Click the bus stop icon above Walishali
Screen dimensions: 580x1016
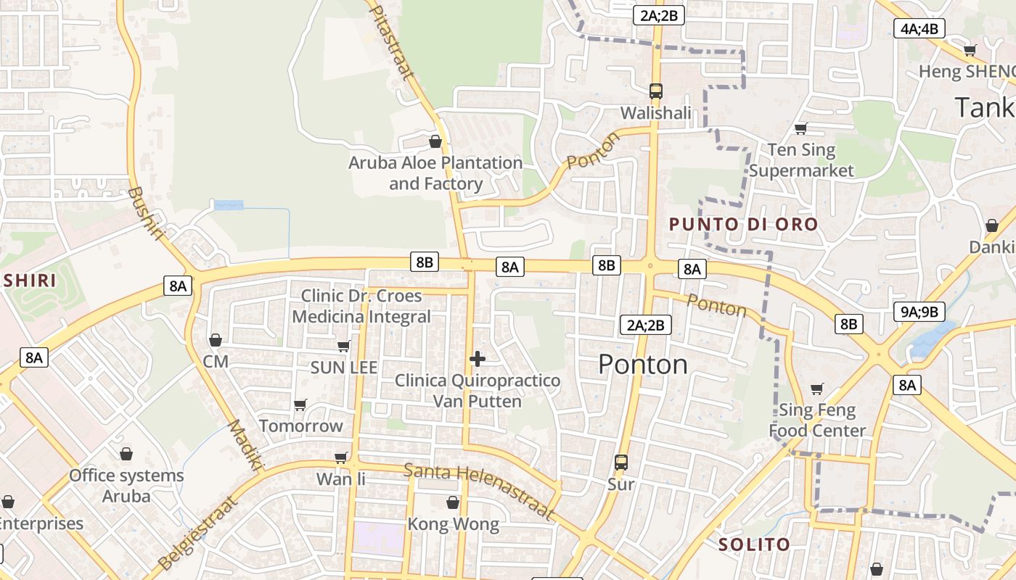click(656, 91)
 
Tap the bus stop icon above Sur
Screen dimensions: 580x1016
click(621, 462)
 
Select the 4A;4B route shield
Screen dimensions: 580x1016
click(919, 29)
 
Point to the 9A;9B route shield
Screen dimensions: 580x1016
click(919, 312)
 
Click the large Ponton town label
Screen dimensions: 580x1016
click(643, 364)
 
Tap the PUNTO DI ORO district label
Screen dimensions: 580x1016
click(743, 224)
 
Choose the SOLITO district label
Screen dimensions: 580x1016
click(754, 544)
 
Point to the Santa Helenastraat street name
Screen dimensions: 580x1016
click(479, 492)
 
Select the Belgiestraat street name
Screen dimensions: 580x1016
click(197, 533)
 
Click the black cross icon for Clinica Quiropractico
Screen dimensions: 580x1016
click(478, 358)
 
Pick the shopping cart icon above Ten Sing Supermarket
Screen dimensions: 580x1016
click(801, 128)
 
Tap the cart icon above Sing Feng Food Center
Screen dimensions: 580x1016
click(817, 389)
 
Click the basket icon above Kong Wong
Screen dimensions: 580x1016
click(453, 502)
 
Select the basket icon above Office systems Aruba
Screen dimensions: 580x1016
click(126, 454)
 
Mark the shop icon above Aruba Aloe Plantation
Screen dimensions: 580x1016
click(435, 141)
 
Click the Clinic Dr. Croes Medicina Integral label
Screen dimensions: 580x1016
click(361, 306)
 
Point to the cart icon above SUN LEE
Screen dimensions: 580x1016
click(344, 346)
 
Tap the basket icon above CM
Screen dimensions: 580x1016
click(216, 339)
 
